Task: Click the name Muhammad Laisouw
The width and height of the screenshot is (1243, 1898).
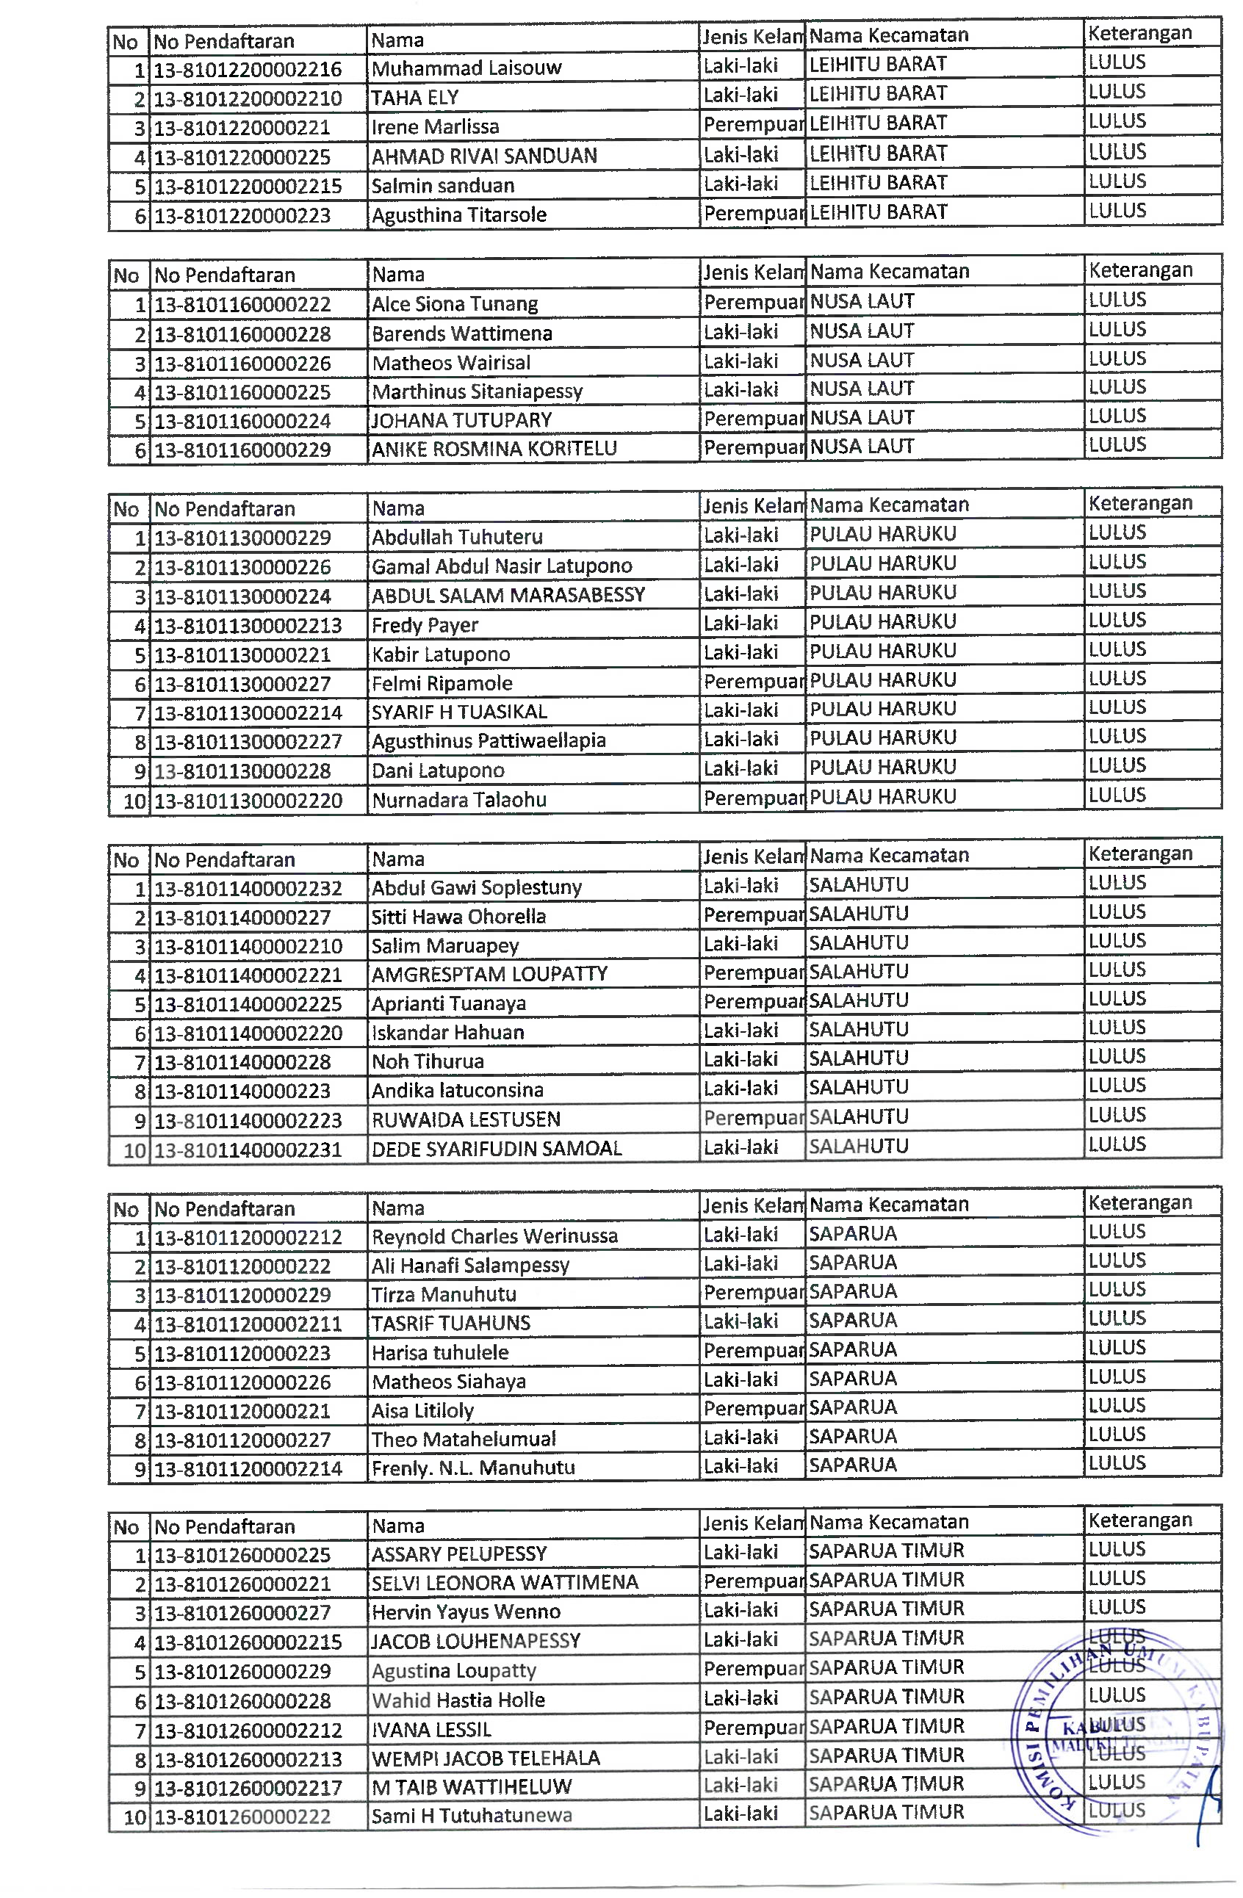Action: coord(466,68)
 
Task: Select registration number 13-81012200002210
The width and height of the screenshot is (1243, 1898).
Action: coord(248,99)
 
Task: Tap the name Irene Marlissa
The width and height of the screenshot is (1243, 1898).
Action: coord(435,127)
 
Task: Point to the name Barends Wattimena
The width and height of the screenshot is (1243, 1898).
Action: coord(461,333)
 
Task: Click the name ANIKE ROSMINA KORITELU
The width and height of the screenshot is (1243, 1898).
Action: coord(494,449)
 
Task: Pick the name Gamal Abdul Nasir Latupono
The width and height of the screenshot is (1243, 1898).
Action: coord(501,566)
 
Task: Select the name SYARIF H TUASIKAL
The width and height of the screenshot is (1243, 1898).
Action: coord(458,712)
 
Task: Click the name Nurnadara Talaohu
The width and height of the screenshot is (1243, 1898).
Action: coord(458,800)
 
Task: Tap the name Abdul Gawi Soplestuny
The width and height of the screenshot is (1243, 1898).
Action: coord(476,887)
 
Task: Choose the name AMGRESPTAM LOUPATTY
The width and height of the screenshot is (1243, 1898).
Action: coord(489,974)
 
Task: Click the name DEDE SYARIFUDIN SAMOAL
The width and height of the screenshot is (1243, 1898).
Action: coord(496,1148)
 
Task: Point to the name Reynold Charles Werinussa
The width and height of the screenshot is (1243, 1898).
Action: coord(494,1236)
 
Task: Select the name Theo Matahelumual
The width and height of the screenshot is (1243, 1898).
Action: coord(464,1440)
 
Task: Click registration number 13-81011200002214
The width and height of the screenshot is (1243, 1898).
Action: coord(248,1469)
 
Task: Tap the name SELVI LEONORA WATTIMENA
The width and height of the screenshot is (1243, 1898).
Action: coord(504,1582)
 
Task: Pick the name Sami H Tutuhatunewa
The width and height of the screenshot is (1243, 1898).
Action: coord(471,1816)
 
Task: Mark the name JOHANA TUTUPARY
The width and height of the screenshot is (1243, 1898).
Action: coord(461,420)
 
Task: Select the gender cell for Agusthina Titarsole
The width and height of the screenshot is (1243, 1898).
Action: coord(752,214)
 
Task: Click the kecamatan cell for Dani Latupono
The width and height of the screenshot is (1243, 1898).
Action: coord(882,767)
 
